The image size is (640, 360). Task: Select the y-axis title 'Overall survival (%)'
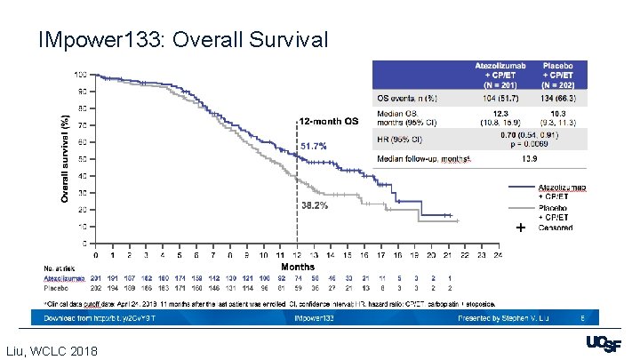66,159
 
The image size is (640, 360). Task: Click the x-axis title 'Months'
297,266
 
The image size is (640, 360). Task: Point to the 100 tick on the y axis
80,75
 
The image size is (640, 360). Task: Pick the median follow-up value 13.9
527,157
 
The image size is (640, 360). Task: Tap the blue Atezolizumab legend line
521,188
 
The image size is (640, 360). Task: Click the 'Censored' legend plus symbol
520,228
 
